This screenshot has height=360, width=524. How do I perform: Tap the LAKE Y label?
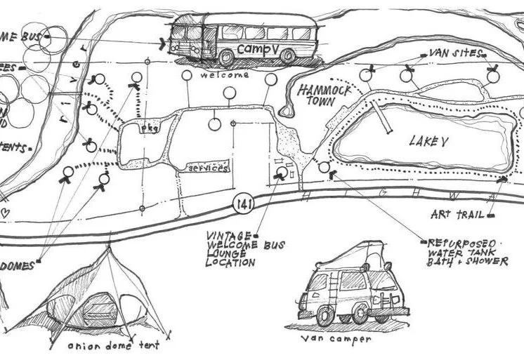click(x=428, y=142)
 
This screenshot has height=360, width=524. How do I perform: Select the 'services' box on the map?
click(x=207, y=168)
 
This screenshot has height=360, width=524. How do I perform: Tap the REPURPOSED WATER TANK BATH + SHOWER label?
click(x=467, y=251)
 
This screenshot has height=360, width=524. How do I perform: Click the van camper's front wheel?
click(x=360, y=313)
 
